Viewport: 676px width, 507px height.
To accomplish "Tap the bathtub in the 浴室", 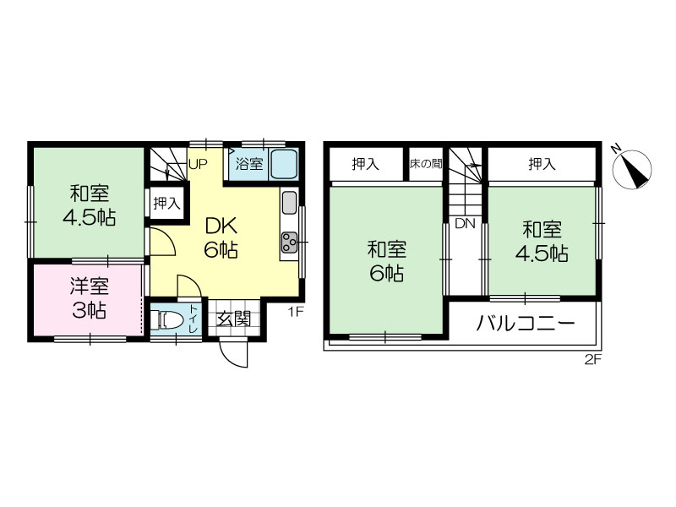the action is tap(284, 164).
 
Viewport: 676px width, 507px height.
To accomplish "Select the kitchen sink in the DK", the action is tap(289, 202).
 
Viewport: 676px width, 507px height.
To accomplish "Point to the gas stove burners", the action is tap(289, 243).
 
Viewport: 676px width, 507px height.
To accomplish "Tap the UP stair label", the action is tap(198, 164).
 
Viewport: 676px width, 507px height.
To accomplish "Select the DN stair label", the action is tap(466, 223).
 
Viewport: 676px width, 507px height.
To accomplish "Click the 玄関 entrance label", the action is tap(234, 319).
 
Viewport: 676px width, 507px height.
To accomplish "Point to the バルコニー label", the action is tap(526, 323).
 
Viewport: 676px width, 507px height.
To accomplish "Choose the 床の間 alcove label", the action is tap(426, 164).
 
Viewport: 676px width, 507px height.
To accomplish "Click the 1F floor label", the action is tap(296, 312).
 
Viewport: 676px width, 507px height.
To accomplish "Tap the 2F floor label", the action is tap(593, 359).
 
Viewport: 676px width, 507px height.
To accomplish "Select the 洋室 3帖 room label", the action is tap(90, 297).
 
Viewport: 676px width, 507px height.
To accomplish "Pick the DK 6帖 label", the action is tap(221, 237).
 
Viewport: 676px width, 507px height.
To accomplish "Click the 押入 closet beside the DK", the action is tap(166, 203).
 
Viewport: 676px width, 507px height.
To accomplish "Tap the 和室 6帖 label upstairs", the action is tap(387, 261).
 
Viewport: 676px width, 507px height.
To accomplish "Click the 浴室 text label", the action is tap(249, 164).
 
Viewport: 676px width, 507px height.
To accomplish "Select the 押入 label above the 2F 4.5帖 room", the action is tap(542, 164).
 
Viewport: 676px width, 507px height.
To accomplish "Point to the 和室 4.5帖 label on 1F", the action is tap(90, 205).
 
